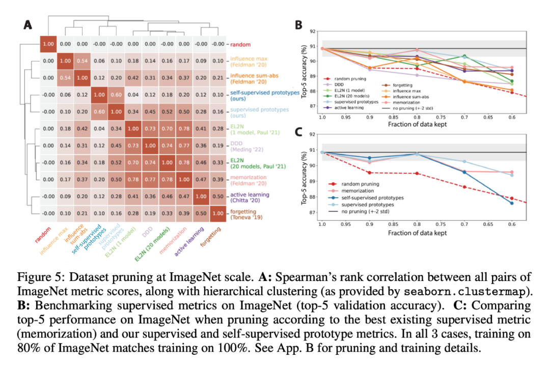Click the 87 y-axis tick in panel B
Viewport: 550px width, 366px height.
click(314, 106)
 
